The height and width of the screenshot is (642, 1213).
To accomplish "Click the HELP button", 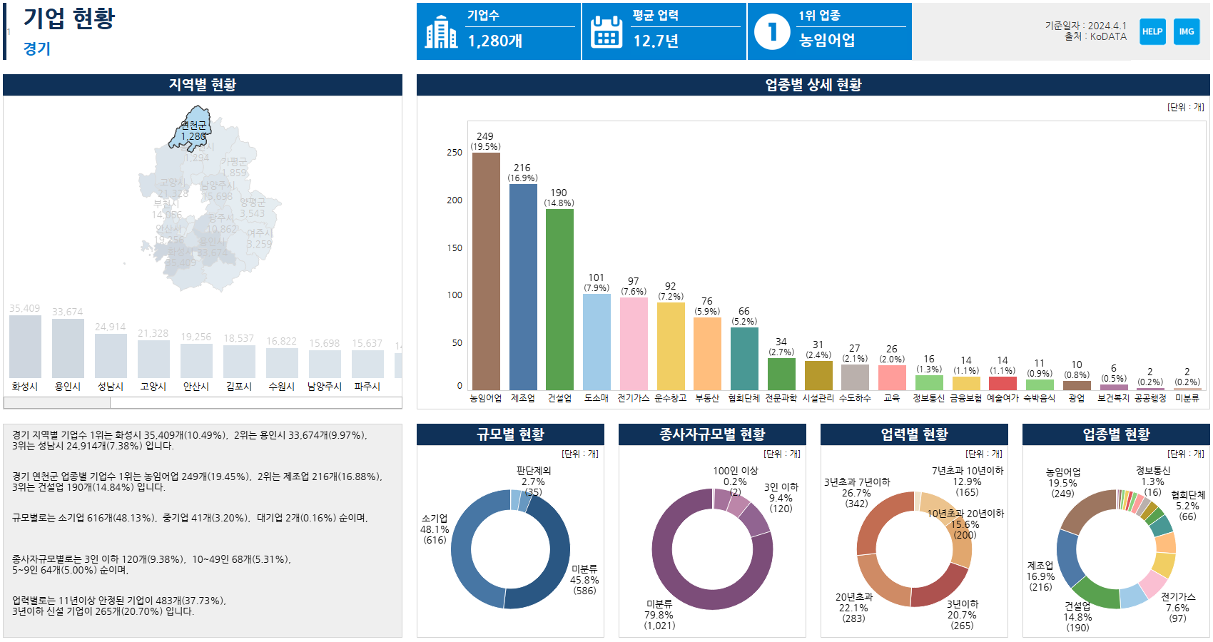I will [1152, 31].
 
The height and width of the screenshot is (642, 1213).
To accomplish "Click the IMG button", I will [1187, 31].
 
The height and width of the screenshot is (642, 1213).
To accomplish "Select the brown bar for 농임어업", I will [486, 271].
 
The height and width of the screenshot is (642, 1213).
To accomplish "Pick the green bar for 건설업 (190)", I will [559, 300].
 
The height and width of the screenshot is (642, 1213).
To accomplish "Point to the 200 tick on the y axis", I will [455, 200].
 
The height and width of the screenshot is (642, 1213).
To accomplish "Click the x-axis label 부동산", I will [707, 398].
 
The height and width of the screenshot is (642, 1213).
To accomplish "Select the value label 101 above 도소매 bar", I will [597, 277].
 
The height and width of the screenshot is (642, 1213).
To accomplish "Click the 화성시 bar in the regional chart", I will [25, 347].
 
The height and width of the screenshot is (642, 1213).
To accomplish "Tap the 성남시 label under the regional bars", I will [111, 387].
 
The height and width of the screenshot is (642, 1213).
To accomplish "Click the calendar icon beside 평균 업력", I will [606, 32].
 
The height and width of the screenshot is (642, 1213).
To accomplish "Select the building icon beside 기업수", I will [441, 32].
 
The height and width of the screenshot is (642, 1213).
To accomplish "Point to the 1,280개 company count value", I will [495, 41].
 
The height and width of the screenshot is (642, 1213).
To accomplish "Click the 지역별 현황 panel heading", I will [203, 85].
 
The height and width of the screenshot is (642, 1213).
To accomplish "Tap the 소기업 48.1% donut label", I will [435, 529].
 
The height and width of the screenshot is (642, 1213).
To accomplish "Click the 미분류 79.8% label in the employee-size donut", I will [659, 615].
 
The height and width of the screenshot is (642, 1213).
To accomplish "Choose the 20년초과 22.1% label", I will [853, 608].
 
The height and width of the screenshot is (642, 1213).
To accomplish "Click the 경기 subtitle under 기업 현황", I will [37, 49].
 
